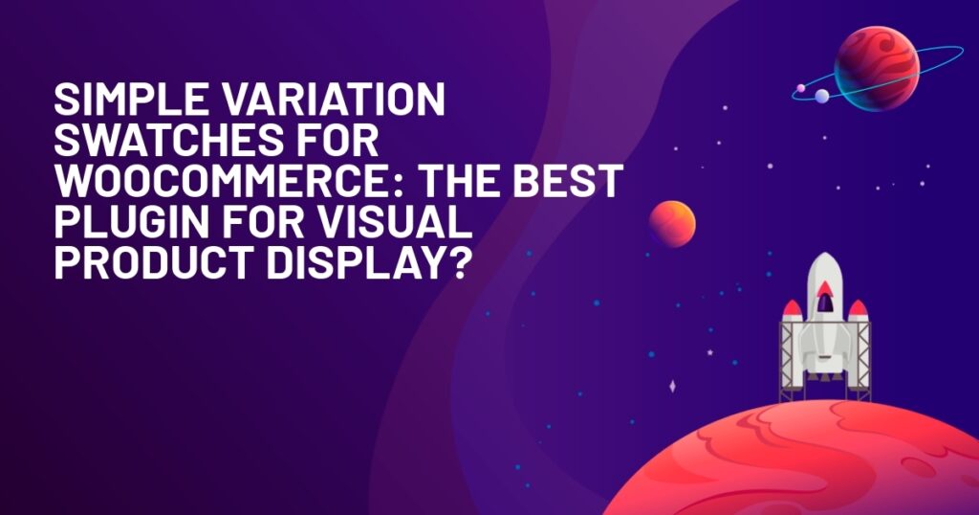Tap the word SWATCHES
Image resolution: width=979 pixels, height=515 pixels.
coord(161,141)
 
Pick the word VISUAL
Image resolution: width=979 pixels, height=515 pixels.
coord(395,222)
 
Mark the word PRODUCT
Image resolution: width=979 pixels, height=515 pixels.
coord(156,263)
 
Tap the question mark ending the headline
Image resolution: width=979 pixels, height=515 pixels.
coord(456,263)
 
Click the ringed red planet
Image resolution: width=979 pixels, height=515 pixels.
coord(877,68)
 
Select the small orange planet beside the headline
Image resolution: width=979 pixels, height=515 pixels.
coord(672,224)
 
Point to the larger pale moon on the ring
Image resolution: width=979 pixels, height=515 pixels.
coord(821,96)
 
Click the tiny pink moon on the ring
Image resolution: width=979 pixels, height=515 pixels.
coord(801,88)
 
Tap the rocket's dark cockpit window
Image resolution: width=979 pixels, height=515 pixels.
coord(825,303)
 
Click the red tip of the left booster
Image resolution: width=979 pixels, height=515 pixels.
coord(793,307)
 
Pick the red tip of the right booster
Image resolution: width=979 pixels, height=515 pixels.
coord(859,307)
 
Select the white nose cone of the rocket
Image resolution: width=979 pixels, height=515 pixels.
coord(825,269)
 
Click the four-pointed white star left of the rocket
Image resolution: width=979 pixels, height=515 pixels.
coord(672,387)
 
